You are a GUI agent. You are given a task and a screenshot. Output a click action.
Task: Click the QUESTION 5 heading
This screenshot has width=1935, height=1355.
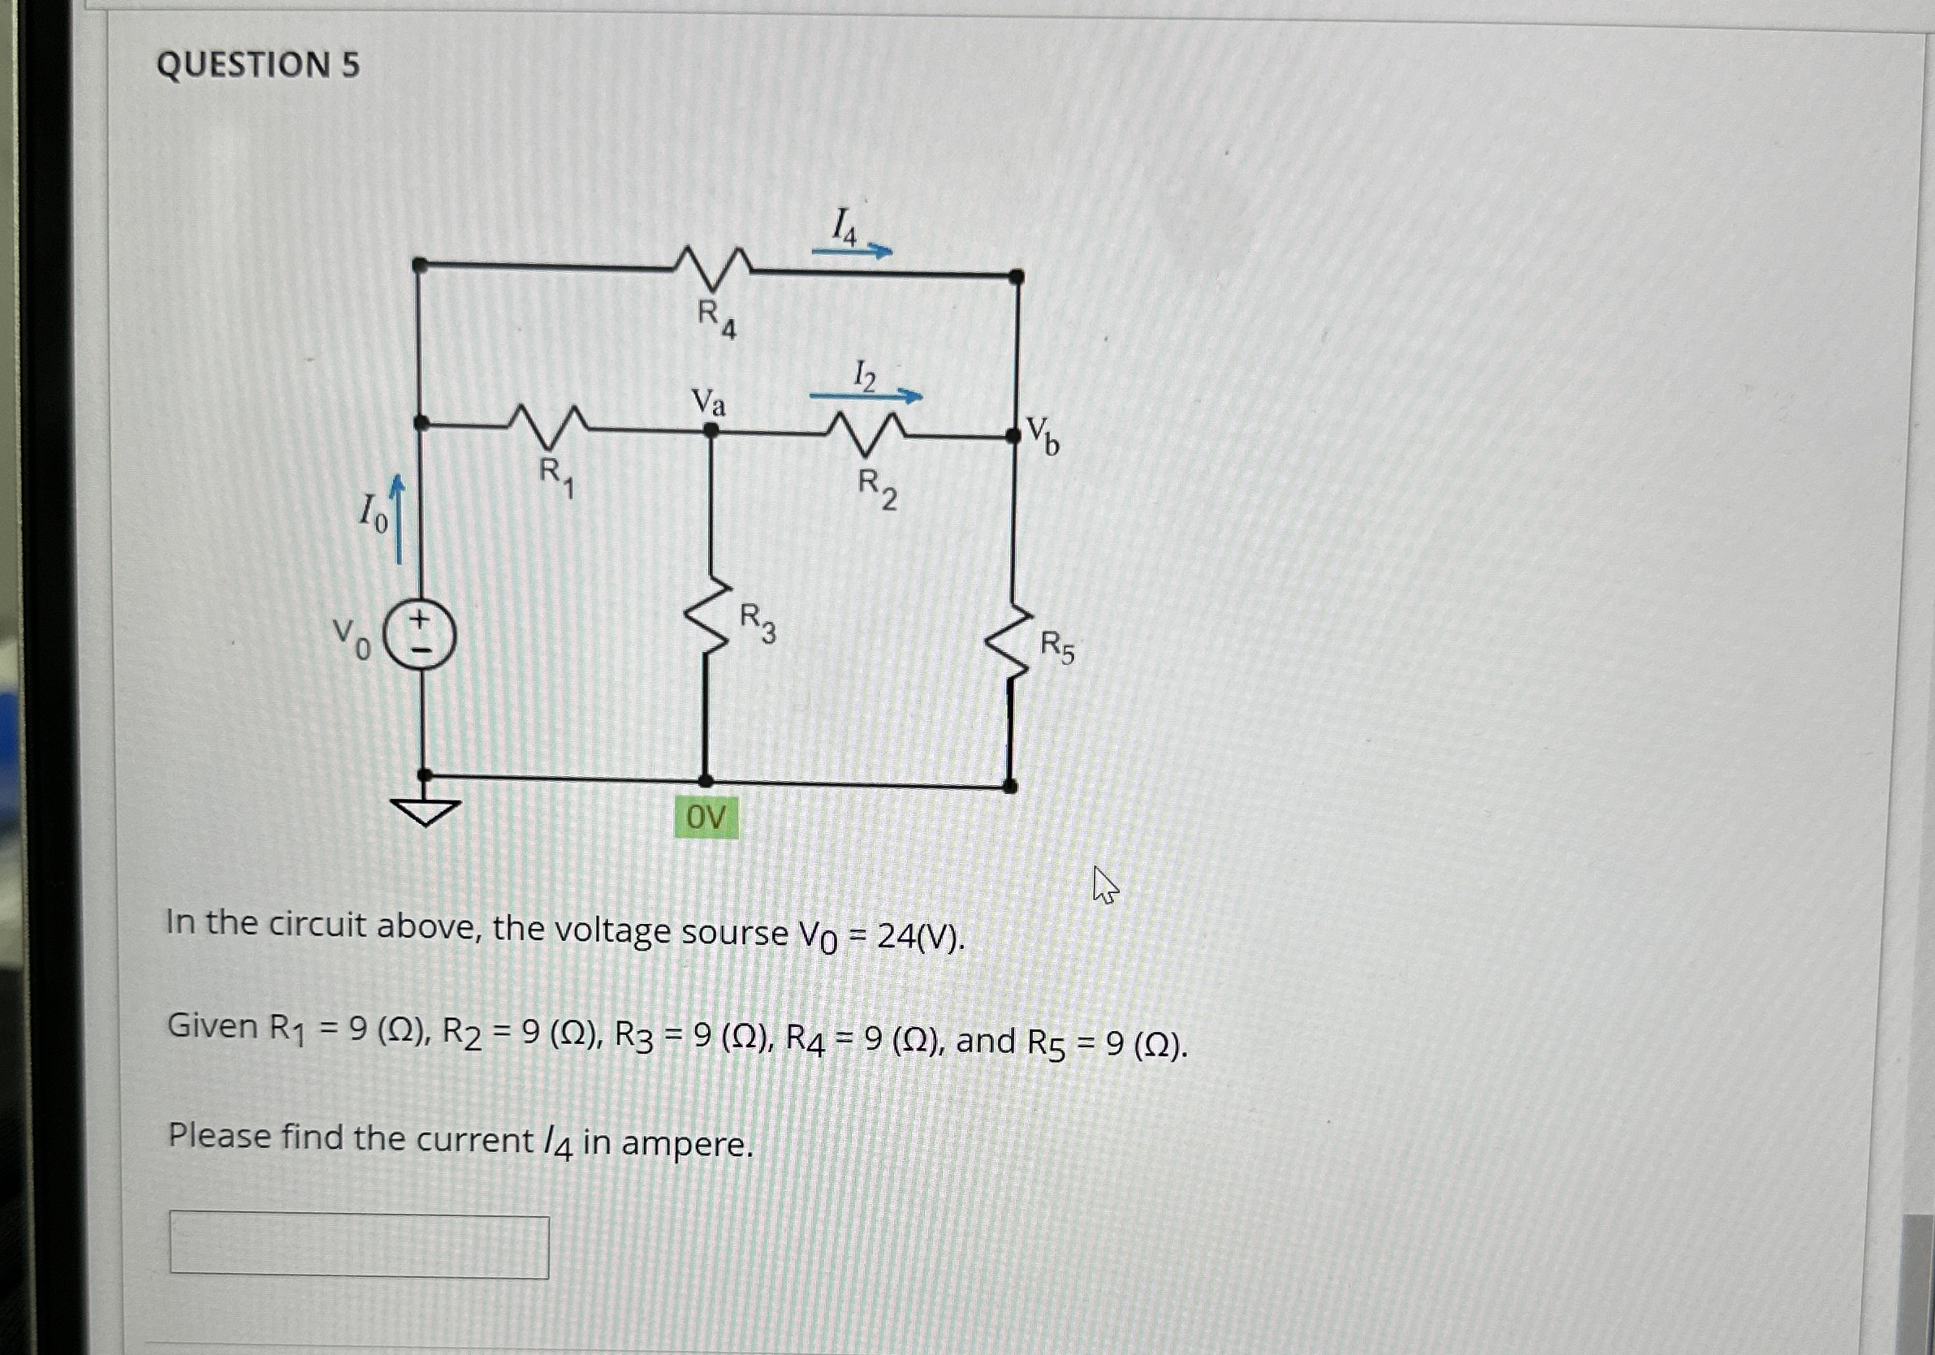point(258,65)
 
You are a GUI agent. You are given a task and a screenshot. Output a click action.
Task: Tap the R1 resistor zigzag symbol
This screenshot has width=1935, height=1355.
point(549,425)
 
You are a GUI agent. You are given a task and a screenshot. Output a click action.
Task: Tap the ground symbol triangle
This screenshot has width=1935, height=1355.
point(425,810)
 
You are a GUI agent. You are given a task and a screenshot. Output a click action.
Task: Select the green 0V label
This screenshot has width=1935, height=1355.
point(706,817)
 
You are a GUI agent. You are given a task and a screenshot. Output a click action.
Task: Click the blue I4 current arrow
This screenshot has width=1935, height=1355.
point(851,250)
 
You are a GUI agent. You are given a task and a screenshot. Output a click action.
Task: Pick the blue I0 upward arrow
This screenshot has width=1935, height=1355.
point(398,518)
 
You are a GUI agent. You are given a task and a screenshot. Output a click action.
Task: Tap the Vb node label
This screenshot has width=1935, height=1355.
point(1043,435)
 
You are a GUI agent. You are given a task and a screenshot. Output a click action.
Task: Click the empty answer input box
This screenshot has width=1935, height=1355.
point(359,1245)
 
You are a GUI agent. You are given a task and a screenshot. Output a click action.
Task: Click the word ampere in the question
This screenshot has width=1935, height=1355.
point(686,1143)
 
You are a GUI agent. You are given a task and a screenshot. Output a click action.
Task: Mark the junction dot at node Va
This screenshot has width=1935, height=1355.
point(711,429)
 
